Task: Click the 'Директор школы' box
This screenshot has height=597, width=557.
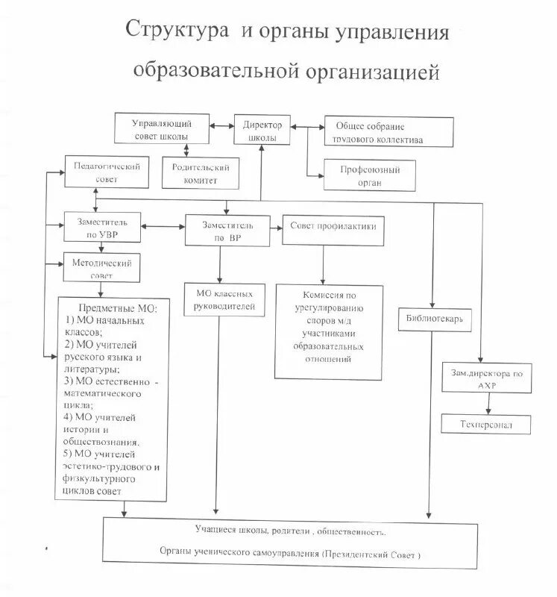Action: [261, 131]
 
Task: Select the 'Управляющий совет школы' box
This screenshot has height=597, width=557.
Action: [162, 128]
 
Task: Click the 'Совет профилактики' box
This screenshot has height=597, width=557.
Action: [333, 230]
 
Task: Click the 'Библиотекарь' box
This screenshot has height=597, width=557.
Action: [435, 318]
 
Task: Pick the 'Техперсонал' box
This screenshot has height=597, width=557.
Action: [486, 424]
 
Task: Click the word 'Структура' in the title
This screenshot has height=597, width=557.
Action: [177, 34]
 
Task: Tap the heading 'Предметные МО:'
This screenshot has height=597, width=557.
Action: [124, 308]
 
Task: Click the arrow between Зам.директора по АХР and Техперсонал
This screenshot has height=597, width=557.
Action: [488, 404]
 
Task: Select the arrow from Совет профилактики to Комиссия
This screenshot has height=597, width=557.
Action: [323, 264]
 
